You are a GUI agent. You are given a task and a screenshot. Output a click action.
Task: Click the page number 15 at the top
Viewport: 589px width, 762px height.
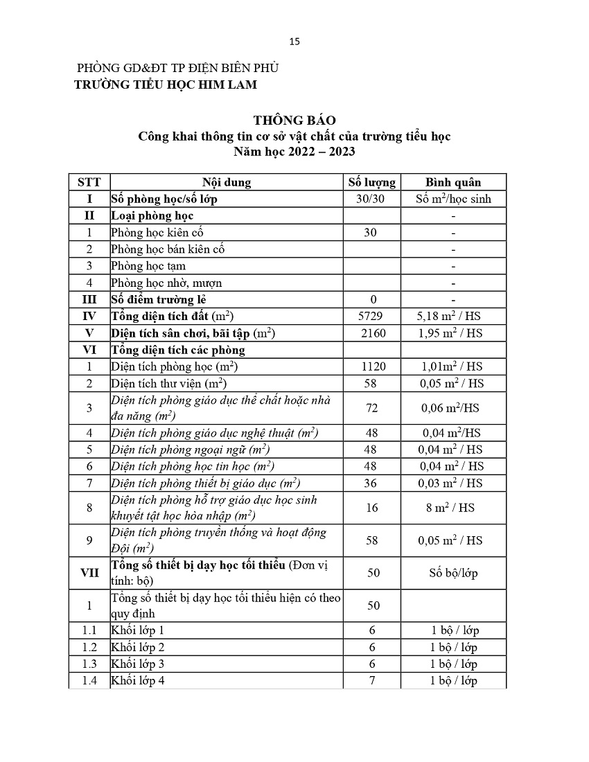point(294,41)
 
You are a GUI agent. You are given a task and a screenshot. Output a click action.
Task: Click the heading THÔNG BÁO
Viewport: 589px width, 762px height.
point(294,121)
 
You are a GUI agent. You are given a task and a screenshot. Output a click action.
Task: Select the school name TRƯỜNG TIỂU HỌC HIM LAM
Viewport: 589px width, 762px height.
point(166,85)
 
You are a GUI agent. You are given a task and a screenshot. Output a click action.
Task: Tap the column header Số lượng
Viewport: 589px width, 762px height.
point(371,182)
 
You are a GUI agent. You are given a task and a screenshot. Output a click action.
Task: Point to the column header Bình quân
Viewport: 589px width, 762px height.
point(453,182)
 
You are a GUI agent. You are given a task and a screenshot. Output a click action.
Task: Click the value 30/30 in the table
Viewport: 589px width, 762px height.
point(371,199)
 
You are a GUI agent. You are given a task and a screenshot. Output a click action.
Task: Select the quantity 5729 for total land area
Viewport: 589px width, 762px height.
point(371,316)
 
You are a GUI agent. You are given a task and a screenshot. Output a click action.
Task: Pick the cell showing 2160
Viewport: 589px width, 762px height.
point(371,333)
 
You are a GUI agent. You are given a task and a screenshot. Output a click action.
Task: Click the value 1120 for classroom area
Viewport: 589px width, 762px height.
point(371,366)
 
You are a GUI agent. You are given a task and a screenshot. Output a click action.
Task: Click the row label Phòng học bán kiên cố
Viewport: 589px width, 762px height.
point(168,249)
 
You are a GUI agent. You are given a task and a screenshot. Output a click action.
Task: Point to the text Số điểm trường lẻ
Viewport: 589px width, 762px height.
point(159,299)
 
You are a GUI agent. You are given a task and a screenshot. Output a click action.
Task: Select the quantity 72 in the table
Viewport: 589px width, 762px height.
point(371,408)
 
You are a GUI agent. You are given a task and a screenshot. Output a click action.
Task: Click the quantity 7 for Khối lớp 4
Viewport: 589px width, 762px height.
point(371,680)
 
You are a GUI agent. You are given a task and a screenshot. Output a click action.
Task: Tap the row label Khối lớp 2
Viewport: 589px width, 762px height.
point(138,647)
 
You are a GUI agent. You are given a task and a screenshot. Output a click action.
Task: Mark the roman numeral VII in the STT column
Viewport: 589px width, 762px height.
point(89,573)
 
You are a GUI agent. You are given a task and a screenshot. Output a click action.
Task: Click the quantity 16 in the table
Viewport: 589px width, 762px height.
point(371,508)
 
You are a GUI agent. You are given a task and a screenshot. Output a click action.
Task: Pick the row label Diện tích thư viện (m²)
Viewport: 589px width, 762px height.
point(169,383)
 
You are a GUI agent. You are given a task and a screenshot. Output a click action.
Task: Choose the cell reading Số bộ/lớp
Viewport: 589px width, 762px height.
point(453,573)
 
